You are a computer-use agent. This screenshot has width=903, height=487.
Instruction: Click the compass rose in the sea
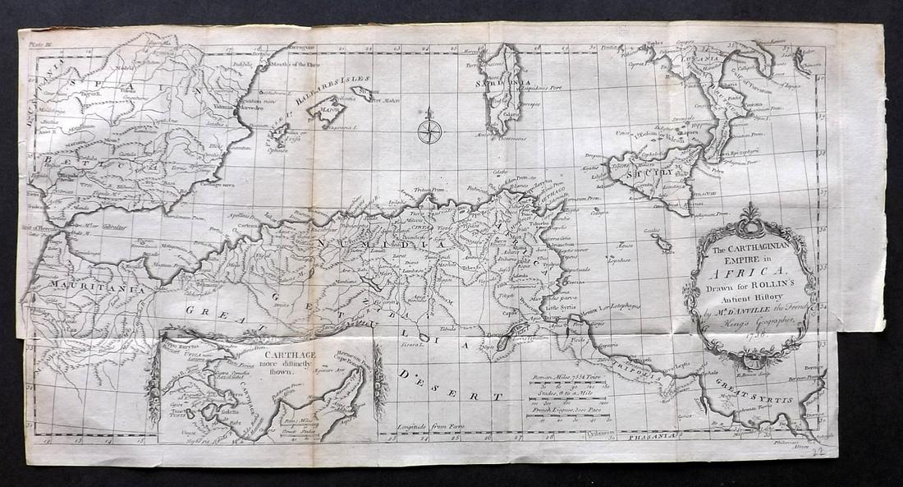[429, 130]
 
